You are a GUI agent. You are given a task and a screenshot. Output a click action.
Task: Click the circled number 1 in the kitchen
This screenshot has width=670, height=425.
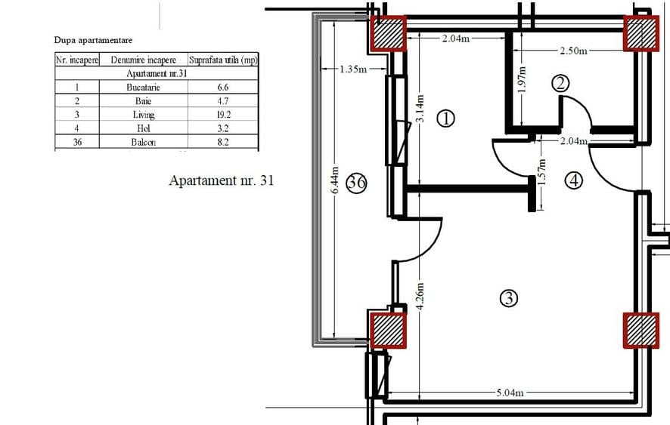446,119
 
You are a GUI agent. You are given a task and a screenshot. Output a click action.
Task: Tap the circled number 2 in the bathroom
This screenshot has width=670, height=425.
560,83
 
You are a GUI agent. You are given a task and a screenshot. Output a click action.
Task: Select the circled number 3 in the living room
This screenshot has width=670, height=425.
508,298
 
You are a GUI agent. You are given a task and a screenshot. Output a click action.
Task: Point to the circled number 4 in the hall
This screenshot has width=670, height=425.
573,180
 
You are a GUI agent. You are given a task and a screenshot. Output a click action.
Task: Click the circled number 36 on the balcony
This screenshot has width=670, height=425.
356,183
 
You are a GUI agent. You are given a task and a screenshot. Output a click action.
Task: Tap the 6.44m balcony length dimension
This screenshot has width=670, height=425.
335,180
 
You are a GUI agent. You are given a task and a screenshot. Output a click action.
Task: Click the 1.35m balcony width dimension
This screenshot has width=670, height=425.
353,69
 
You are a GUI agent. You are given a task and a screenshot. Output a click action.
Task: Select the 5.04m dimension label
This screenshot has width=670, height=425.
510,393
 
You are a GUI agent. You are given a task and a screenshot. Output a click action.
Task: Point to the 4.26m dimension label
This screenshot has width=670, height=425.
420,296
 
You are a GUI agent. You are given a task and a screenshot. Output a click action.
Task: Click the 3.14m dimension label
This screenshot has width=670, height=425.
420,109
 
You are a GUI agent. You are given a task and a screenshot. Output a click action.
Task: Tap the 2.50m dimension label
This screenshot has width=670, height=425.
573,51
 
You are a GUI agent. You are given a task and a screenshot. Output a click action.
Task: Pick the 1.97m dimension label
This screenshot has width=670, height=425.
521,79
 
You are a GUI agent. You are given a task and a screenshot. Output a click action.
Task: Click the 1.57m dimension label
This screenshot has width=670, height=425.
541,172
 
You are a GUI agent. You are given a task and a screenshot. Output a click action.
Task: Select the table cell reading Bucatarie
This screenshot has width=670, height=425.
143,88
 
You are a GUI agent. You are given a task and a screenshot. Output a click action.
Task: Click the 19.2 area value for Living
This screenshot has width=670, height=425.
222,114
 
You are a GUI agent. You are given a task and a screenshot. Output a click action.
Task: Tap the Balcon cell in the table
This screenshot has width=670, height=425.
143,142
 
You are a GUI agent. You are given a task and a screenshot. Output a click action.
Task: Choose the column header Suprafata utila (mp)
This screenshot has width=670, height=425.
223,60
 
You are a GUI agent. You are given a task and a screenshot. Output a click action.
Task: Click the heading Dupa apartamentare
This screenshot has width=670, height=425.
93,40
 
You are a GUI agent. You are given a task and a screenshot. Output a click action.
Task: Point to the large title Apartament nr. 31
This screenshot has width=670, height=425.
222,180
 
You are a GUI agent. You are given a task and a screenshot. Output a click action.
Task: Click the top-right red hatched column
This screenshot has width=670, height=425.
641,33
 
